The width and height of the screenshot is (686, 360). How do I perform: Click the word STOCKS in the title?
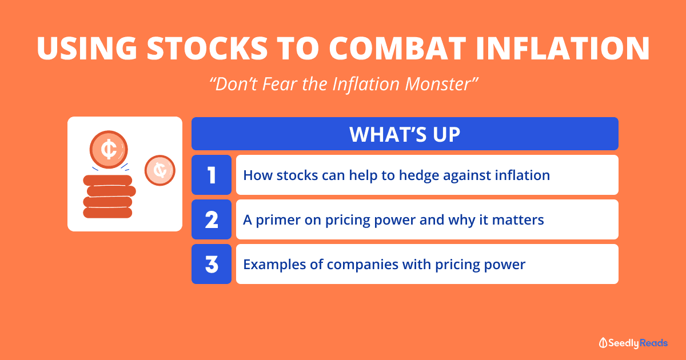208,48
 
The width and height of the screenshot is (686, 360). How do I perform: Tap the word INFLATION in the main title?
563,48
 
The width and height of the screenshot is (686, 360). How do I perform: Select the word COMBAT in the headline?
397,48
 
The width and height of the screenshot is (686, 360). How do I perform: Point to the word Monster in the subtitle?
441,84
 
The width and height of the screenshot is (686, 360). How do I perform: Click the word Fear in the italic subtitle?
280,84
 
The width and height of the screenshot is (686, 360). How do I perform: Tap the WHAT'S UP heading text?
405,134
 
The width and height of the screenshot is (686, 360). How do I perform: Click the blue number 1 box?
212,175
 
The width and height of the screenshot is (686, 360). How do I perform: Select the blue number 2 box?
212,219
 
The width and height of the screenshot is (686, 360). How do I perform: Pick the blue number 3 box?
212,264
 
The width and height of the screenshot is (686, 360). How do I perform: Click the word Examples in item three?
274,265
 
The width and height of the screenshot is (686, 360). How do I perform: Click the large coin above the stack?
109,149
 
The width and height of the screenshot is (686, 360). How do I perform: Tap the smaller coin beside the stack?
160,170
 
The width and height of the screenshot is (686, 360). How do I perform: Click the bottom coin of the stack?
107,213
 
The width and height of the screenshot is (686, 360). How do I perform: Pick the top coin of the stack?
107,181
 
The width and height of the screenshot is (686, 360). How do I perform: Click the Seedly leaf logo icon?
603,343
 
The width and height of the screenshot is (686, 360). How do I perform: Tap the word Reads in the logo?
654,343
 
